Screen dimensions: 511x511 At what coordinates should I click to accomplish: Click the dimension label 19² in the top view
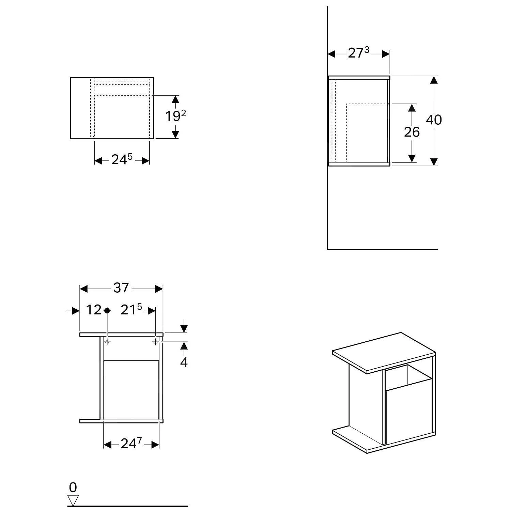click(x=176, y=117)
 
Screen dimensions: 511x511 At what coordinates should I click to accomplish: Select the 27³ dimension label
click(x=358, y=53)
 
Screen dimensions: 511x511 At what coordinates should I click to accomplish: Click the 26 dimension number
click(x=412, y=132)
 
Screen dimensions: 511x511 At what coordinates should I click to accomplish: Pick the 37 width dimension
click(x=121, y=288)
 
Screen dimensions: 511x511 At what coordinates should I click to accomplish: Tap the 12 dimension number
click(x=93, y=310)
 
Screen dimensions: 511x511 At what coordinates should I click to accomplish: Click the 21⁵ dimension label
click(x=131, y=310)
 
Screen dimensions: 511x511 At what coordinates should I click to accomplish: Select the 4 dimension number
click(x=184, y=362)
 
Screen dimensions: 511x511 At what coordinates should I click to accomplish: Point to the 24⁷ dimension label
click(x=131, y=444)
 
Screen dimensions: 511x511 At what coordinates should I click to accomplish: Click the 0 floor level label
click(x=73, y=488)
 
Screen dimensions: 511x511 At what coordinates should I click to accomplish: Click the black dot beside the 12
click(x=107, y=310)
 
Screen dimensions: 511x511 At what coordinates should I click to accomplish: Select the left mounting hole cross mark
click(x=107, y=341)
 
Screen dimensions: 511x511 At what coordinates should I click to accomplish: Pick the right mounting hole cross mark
click(x=156, y=341)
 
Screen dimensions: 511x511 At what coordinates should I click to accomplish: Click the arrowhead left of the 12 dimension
click(x=76, y=311)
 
